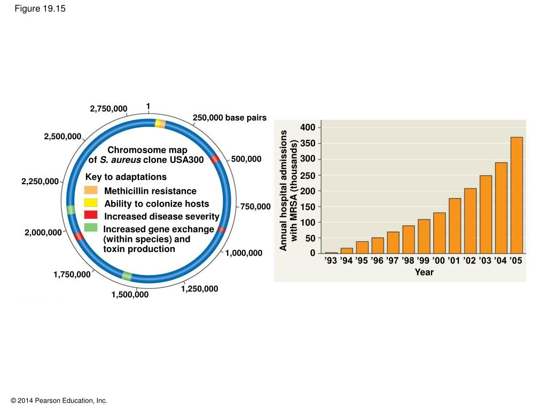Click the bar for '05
pyautogui.click(x=517, y=195)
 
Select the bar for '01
pyautogui.click(x=455, y=226)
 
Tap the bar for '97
pyautogui.click(x=393, y=242)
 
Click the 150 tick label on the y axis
pyautogui.click(x=308, y=207)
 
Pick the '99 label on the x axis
pyautogui.click(x=424, y=261)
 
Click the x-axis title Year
pyautogui.click(x=424, y=272)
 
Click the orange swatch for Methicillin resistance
pyautogui.click(x=91, y=191)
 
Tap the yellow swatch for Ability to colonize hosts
pyautogui.click(x=91, y=203)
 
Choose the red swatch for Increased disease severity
pyautogui.click(x=91, y=215)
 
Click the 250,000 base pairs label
pyautogui.click(x=229, y=117)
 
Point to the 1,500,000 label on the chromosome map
pyautogui.click(x=130, y=295)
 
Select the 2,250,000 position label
pyautogui.click(x=40, y=182)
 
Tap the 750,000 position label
pyautogui.click(x=255, y=207)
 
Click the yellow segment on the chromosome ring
pyautogui.click(x=158, y=123)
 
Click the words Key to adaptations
pyautogui.click(x=126, y=177)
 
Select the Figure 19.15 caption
pyautogui.click(x=41, y=9)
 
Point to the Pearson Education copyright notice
pyautogui.click(x=59, y=400)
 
